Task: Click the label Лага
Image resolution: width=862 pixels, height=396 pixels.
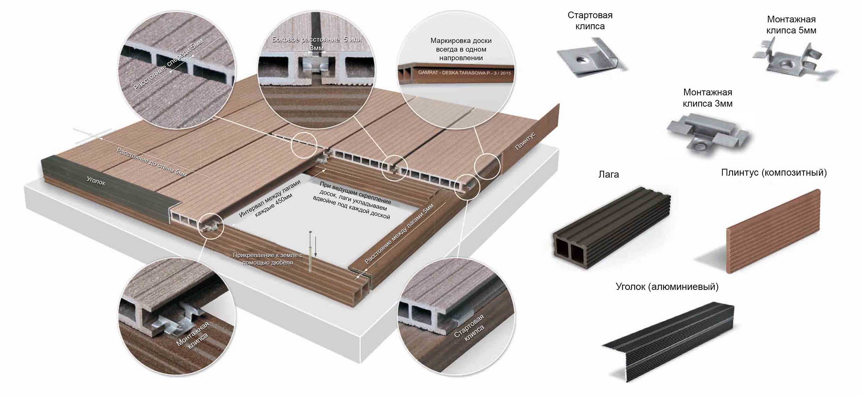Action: [x=608, y=174]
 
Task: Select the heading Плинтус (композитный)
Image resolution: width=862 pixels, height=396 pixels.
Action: [x=774, y=173]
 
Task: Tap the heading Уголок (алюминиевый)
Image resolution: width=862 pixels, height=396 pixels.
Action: [x=667, y=287]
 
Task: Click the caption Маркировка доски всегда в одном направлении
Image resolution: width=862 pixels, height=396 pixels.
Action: [x=461, y=49]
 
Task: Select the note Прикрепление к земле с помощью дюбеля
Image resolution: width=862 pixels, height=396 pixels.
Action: [x=267, y=259]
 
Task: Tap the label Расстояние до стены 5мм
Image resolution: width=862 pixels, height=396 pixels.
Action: [x=152, y=162]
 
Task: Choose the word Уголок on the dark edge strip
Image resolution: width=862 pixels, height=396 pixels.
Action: [x=96, y=181]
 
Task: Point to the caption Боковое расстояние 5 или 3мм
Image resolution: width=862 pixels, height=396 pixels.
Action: [x=316, y=43]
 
